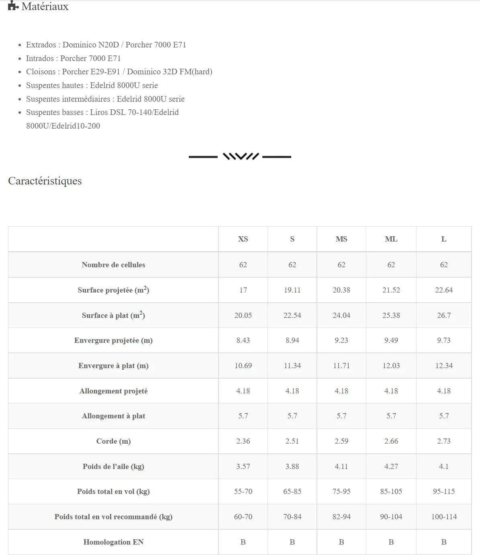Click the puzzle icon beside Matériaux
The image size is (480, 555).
pyautogui.click(x=13, y=6)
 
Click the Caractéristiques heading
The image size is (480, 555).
pyautogui.click(x=45, y=181)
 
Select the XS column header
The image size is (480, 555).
pyautogui.click(x=243, y=239)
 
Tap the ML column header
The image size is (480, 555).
pyautogui.click(x=391, y=239)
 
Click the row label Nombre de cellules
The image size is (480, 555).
pyautogui.click(x=113, y=265)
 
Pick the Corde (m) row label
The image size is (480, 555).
pyautogui.click(x=113, y=441)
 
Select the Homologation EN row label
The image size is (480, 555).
pyautogui.click(x=113, y=542)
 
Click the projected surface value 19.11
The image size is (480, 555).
pyautogui.click(x=292, y=290)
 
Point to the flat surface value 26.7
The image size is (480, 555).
pyautogui.click(x=443, y=315)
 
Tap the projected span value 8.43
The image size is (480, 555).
pyautogui.click(x=243, y=340)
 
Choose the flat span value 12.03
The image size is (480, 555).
pyautogui.click(x=391, y=366)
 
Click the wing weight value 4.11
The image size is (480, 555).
pyautogui.click(x=341, y=467)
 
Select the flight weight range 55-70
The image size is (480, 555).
pyautogui.click(x=243, y=492)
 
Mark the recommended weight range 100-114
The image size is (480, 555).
pyautogui.click(x=444, y=517)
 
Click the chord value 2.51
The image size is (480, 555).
pyautogui.click(x=292, y=441)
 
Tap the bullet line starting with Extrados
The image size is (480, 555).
pyautogui.click(x=106, y=45)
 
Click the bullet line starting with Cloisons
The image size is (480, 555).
pyautogui.click(x=119, y=72)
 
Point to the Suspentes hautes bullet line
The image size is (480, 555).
pyautogui.click(x=92, y=85)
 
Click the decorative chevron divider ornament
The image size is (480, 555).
pyautogui.click(x=240, y=156)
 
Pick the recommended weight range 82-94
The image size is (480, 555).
pyautogui.click(x=341, y=517)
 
